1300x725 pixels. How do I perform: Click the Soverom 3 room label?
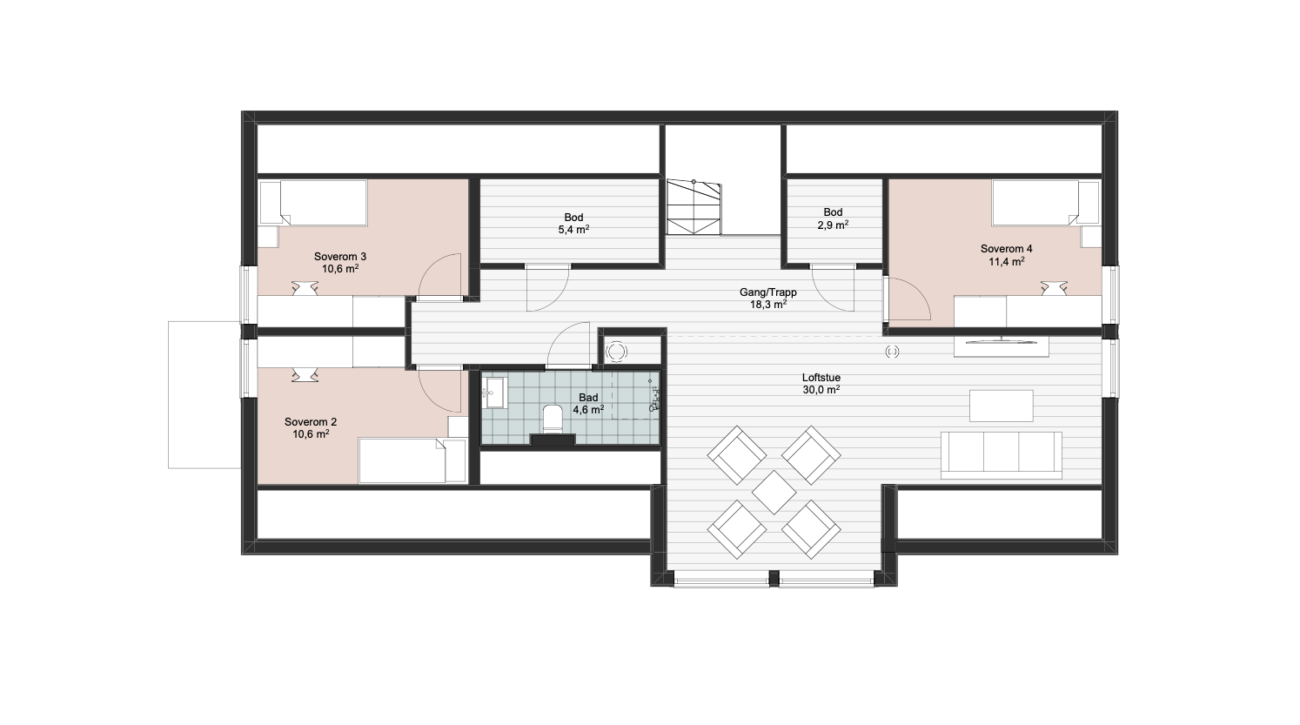click(x=340, y=257)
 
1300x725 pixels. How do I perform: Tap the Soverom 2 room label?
click(x=311, y=422)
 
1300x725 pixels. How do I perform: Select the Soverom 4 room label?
click(x=1007, y=249)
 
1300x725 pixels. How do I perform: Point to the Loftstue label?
click(x=821, y=378)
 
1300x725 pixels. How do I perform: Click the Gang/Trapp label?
click(x=767, y=292)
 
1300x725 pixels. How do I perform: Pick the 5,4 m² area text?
click(x=573, y=229)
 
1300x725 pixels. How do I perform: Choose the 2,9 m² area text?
click(x=833, y=225)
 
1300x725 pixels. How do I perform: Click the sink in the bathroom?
click(x=494, y=393)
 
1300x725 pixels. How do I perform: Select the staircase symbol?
click(x=694, y=207)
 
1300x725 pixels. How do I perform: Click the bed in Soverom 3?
click(x=313, y=202)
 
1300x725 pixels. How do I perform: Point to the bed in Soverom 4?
click(x=1046, y=203)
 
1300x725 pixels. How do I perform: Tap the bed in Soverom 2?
click(x=412, y=461)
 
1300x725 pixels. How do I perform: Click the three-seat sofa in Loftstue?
click(x=1002, y=455)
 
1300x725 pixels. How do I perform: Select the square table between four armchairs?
click(x=774, y=493)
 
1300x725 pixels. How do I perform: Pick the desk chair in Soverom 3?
click(x=305, y=288)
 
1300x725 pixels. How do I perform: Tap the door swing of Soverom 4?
click(x=908, y=299)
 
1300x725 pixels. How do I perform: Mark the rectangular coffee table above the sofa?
click(x=1002, y=406)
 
